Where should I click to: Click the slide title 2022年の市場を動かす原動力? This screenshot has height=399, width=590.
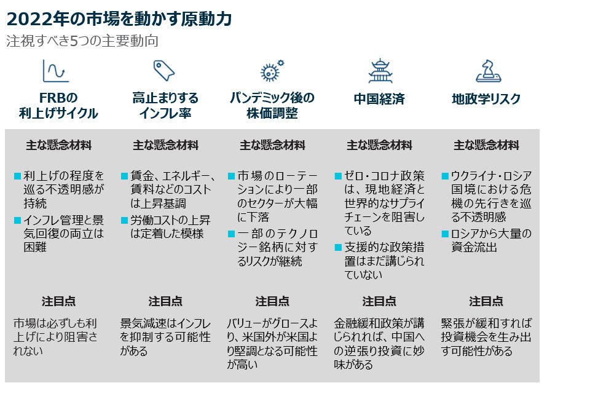click(119, 19)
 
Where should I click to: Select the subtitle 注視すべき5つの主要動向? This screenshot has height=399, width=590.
click(82, 42)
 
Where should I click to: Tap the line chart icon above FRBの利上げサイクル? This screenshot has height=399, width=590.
click(55, 71)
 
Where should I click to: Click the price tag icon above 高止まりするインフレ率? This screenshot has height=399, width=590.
click(163, 71)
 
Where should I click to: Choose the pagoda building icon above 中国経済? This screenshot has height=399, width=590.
click(380, 71)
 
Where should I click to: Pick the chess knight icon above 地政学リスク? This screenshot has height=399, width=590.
click(488, 71)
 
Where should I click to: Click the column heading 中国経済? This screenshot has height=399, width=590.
click(379, 99)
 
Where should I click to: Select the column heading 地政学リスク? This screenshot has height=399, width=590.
click(486, 99)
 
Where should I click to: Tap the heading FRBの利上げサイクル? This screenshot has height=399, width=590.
click(58, 106)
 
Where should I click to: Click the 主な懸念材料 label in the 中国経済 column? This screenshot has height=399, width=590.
click(379, 146)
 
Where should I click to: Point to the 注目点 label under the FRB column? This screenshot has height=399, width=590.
click(58, 301)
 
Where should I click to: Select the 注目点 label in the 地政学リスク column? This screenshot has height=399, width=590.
click(486, 301)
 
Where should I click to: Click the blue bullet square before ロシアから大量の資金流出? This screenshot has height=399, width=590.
click(445, 234)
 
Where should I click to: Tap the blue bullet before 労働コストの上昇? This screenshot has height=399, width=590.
click(124, 220)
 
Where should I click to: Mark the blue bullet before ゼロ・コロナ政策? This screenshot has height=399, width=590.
click(338, 176)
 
